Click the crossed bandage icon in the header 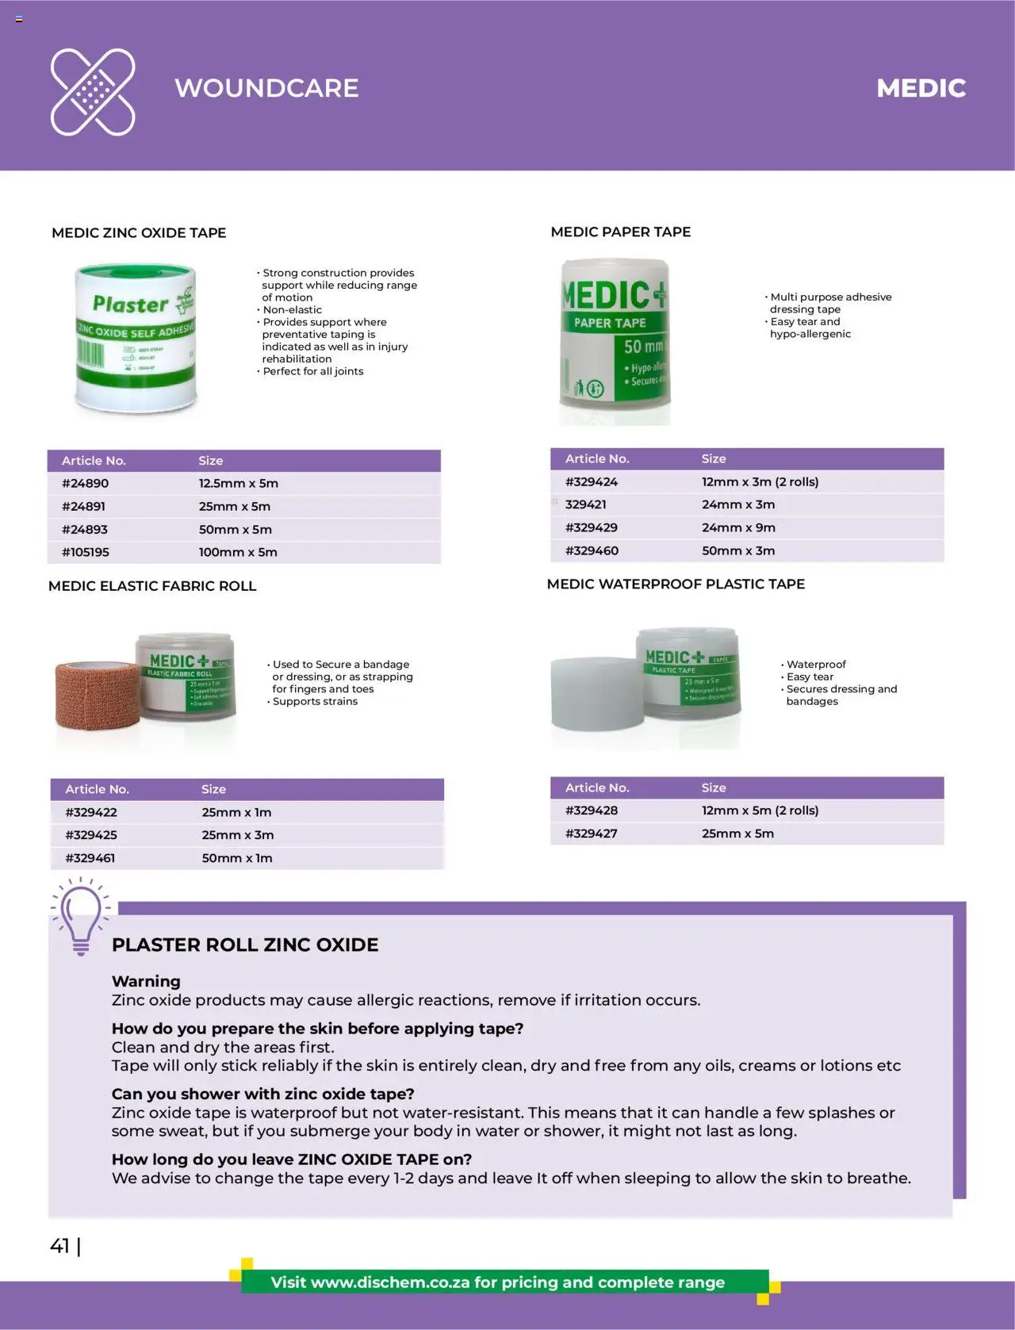[x=93, y=91]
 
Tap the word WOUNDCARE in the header [x=266, y=88]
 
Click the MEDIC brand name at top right [x=921, y=88]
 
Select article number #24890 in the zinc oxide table [x=85, y=483]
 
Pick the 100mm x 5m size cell [x=238, y=552]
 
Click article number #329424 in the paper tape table [x=591, y=481]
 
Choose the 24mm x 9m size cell [x=738, y=527]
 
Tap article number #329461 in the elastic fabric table [x=90, y=858]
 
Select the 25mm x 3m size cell [x=237, y=835]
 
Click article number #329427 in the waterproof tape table [x=591, y=834]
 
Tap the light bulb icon [x=80, y=916]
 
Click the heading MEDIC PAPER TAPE [x=620, y=232]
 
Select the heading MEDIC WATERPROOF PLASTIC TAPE [x=676, y=584]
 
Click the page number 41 [x=59, y=1246]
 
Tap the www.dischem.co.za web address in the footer [x=390, y=1282]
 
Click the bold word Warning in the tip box [x=146, y=981]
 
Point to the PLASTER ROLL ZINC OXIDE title [x=245, y=945]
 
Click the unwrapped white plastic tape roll [x=595, y=692]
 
